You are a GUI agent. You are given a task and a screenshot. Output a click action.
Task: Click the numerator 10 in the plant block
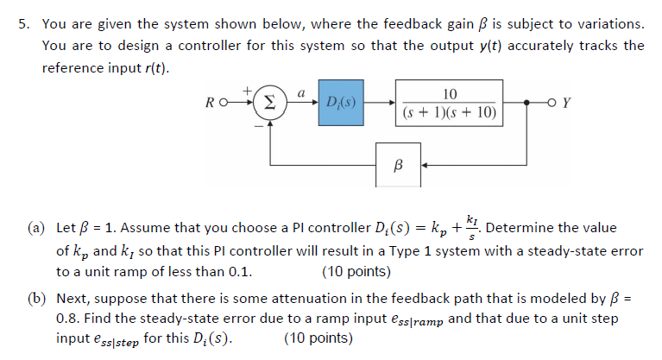coord(449,93)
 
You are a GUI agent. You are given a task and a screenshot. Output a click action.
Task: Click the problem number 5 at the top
coord(23,22)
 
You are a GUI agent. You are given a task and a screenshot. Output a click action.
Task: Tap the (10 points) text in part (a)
coord(356,271)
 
